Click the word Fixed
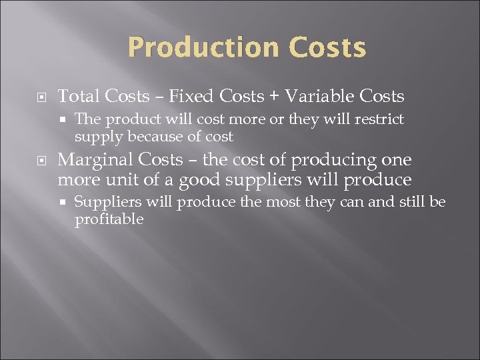coord(189,97)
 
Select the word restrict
coord(379,119)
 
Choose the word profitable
coord(109,219)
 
